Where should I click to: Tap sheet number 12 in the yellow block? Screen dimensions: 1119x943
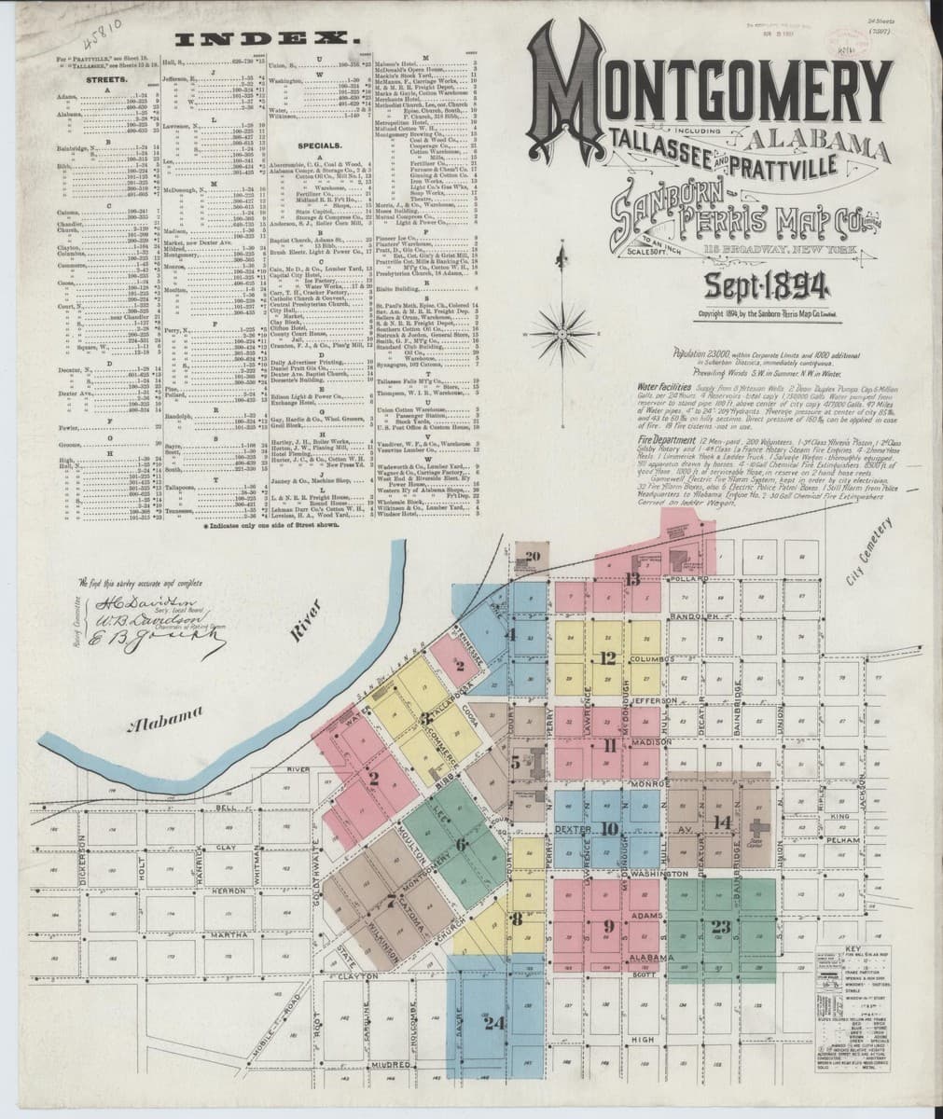point(607,658)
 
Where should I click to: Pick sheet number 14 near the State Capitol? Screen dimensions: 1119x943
point(721,822)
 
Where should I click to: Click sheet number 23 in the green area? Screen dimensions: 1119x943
point(720,926)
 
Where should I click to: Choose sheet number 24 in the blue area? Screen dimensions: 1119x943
point(494,1022)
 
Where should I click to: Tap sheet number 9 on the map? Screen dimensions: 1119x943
point(608,926)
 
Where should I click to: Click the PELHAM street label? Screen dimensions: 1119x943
point(841,841)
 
